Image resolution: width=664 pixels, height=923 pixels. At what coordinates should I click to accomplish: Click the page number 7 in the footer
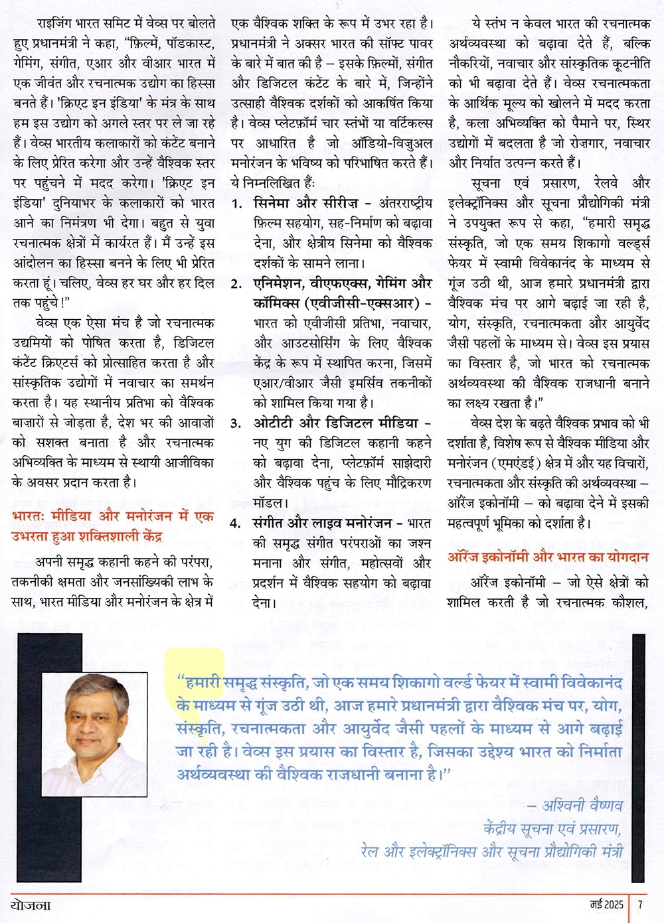coord(640,904)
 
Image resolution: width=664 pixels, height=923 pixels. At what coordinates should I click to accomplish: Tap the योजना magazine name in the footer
coord(31,904)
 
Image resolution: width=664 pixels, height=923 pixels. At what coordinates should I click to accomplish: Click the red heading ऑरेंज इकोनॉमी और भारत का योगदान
coord(548,557)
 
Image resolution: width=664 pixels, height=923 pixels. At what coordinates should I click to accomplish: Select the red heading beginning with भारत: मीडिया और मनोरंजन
coord(113,516)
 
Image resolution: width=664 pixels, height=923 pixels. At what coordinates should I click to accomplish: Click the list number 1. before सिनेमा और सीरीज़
coord(237,204)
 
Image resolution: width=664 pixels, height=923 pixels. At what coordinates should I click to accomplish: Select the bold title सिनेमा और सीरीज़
coord(306,203)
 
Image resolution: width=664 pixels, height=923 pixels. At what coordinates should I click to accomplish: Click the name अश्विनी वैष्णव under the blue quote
coord(582,806)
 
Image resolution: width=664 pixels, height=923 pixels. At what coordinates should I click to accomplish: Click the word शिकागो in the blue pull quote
coord(418,682)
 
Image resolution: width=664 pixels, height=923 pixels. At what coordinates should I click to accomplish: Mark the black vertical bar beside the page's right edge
coord(638,756)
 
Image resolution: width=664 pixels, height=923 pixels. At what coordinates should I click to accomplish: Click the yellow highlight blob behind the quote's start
coord(196,670)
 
